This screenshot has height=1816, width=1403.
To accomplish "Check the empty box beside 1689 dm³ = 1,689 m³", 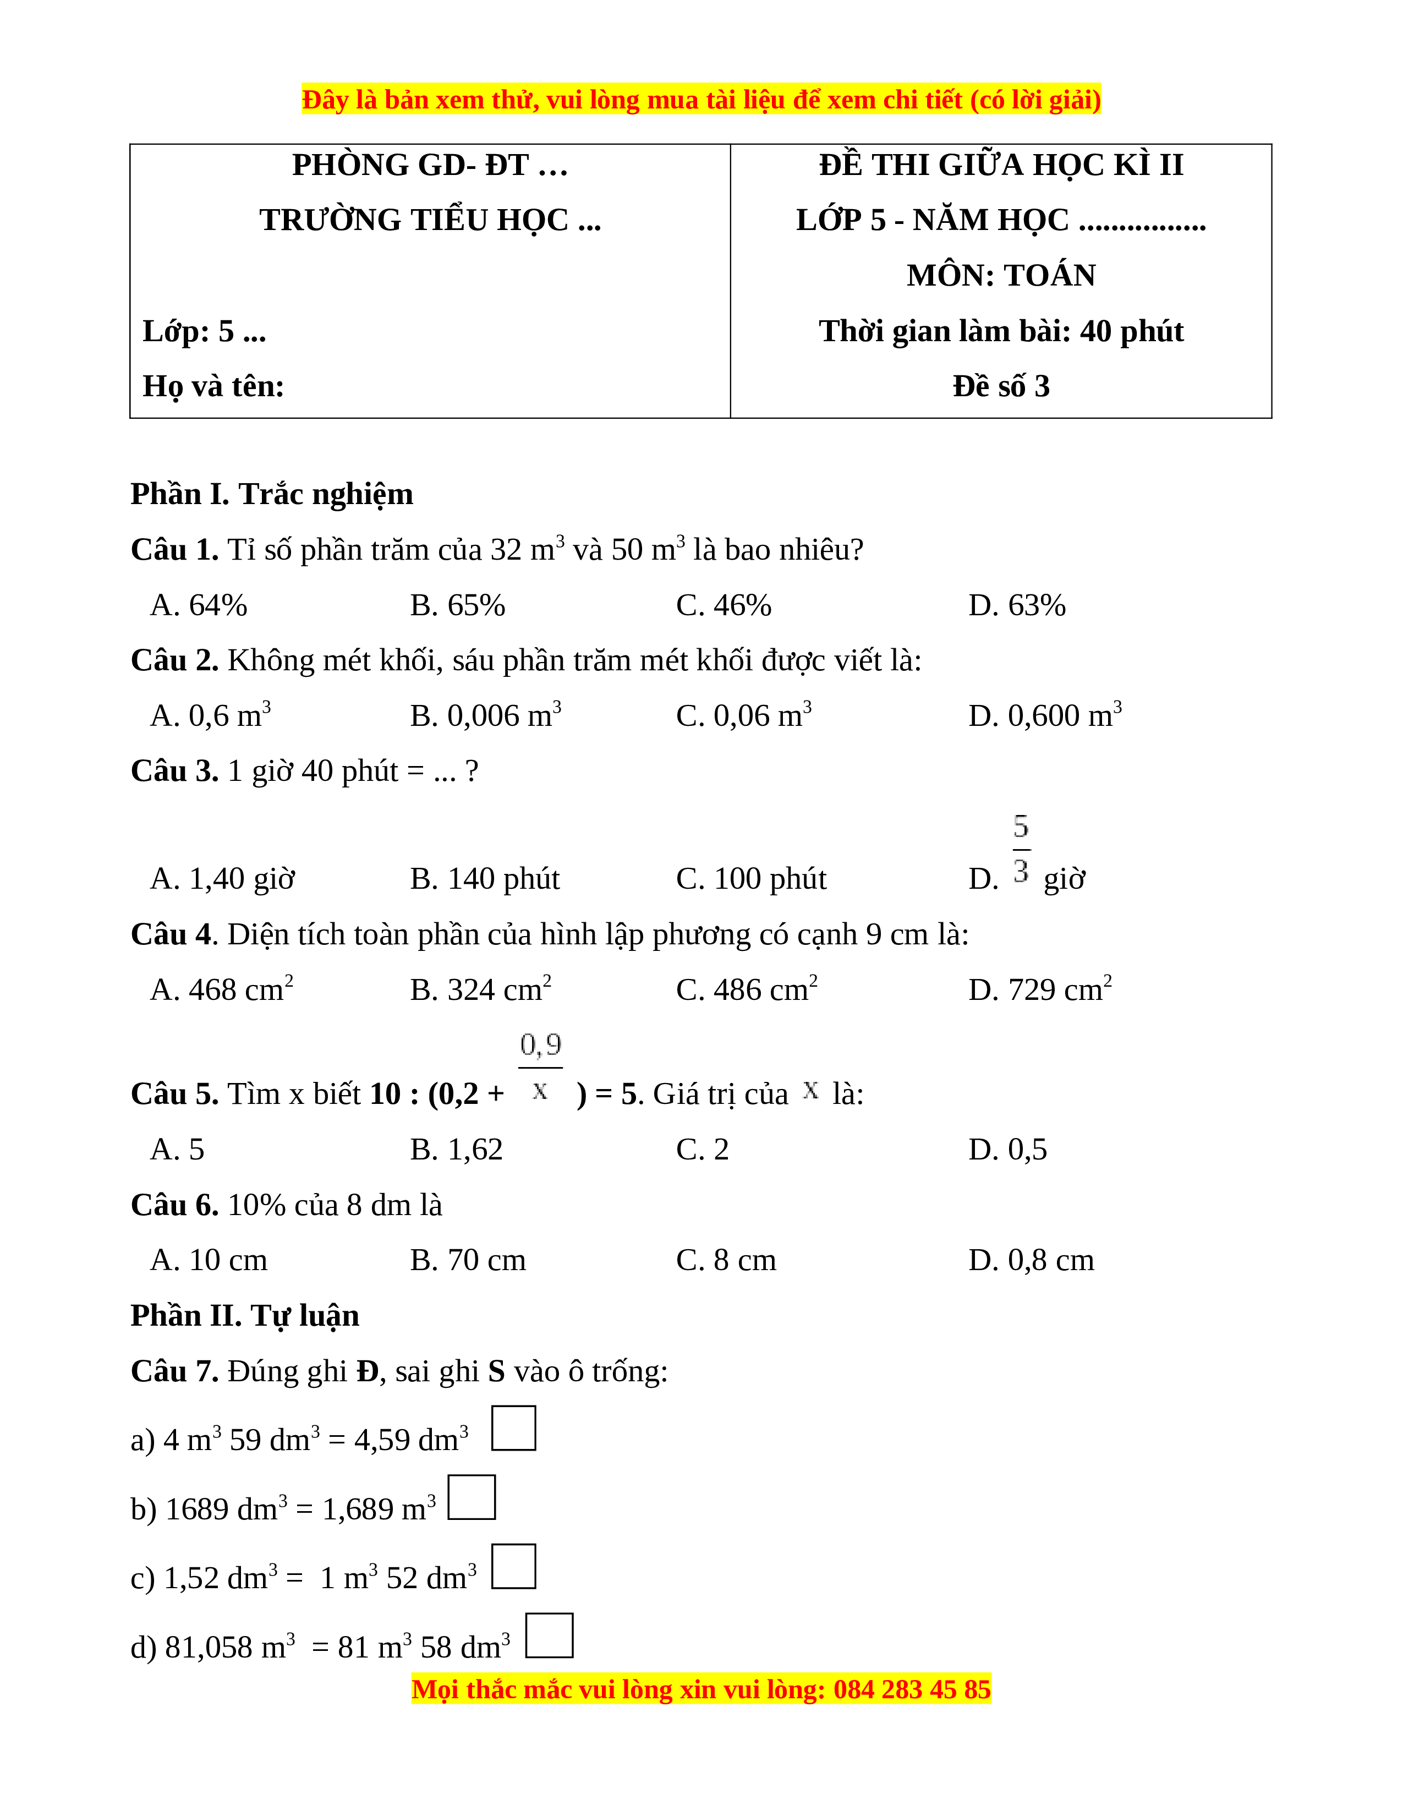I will [x=472, y=1497].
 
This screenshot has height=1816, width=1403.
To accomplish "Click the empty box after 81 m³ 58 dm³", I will [x=550, y=1635].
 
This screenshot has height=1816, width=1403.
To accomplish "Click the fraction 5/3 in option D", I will [x=1022, y=849].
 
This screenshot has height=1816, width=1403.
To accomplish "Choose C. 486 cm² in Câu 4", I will [x=747, y=989].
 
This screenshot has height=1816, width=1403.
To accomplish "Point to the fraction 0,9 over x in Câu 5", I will [x=540, y=1068].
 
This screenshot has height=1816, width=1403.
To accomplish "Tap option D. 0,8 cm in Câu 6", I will [x=1031, y=1260].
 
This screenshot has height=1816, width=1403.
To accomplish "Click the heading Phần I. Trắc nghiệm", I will [x=272, y=494].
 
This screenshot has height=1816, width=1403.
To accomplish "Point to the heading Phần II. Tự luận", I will [x=245, y=1315].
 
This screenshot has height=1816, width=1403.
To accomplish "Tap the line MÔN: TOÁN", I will [x=1001, y=275].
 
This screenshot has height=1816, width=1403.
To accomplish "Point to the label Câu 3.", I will [x=174, y=771].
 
